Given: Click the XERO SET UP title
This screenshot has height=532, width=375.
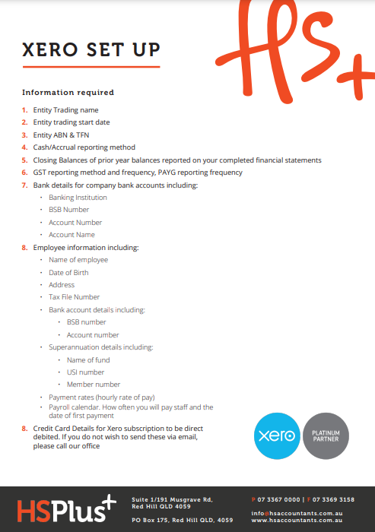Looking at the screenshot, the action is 91,50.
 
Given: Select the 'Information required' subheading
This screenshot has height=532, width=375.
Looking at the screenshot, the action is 68,93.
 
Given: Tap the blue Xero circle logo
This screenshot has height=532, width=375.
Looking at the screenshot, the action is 276,435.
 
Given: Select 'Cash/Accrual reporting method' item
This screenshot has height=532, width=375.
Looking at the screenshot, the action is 84,147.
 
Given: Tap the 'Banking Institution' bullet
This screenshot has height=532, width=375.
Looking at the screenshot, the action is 78,198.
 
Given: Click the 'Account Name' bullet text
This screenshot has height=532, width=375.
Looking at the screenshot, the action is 72,235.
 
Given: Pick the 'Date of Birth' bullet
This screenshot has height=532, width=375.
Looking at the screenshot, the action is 68,272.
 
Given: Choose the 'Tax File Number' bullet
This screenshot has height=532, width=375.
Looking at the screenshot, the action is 74,297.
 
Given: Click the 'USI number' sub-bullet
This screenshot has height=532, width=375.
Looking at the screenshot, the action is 85,372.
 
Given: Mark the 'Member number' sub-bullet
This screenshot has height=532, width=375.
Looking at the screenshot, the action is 94,385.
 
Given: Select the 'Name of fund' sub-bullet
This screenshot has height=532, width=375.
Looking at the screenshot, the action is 88,360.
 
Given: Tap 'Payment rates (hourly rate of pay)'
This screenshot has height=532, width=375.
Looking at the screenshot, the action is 102,397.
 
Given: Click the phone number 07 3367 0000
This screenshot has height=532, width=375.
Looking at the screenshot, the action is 278,499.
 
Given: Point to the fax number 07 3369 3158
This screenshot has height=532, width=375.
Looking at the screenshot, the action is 332,499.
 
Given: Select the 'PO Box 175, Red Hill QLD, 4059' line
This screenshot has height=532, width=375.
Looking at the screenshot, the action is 182,520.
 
